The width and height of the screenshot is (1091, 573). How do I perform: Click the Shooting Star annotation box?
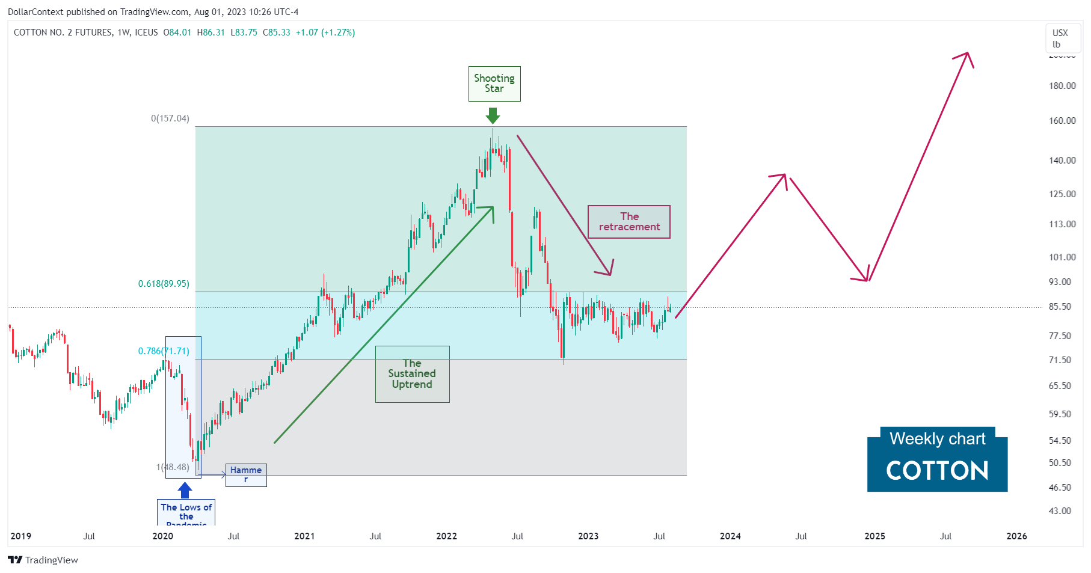[x=494, y=84]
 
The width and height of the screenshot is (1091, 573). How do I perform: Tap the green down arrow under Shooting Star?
[x=493, y=115]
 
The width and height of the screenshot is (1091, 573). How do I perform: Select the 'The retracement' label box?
[x=629, y=222]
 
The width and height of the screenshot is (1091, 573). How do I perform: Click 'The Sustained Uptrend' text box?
[x=412, y=374]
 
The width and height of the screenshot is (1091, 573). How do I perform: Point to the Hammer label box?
[x=246, y=474]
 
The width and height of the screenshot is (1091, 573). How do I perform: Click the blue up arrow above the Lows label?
[x=185, y=490]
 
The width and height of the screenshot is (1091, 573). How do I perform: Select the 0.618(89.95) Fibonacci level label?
[x=164, y=284]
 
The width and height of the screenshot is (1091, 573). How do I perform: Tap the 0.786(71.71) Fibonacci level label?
[x=164, y=351]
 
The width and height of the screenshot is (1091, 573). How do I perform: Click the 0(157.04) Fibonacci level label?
[x=170, y=118]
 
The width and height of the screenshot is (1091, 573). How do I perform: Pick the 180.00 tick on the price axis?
[x=1062, y=86]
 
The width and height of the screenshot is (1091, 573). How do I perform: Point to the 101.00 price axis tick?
[x=1062, y=257]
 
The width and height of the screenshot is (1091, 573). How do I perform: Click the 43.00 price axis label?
[x=1060, y=511]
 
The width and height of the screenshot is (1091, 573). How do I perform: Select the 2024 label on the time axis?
[x=730, y=536]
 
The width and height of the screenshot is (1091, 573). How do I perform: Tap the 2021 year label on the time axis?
[x=304, y=536]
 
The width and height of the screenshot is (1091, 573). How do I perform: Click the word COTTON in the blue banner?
[x=937, y=471]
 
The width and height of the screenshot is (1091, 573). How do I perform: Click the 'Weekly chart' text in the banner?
[x=937, y=439]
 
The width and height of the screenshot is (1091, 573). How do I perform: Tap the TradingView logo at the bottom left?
[x=43, y=560]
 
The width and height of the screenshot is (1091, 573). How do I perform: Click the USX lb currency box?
[x=1060, y=38]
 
